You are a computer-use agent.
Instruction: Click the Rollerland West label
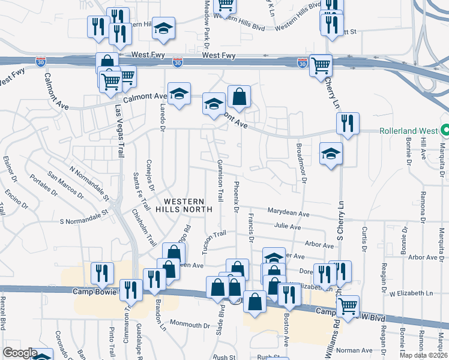pyautogui.click(x=408, y=131)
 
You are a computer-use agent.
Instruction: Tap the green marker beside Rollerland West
pyautogui.click(x=445, y=130)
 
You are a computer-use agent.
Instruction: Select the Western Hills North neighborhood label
pyautogui.click(x=184, y=205)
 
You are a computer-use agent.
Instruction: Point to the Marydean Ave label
pyautogui.click(x=289, y=214)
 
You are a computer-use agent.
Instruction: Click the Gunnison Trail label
pyautogui.click(x=220, y=179)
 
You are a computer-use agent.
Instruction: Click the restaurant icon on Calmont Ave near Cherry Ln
pyautogui.click(x=348, y=124)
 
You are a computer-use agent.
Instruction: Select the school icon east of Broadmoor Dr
pyautogui.click(x=331, y=154)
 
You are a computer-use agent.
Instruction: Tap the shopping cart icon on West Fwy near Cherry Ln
pyautogui.click(x=321, y=64)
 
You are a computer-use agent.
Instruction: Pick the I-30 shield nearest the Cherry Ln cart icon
pyautogui.click(x=302, y=62)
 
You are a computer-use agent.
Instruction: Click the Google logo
pyautogui.click(x=20, y=353)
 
